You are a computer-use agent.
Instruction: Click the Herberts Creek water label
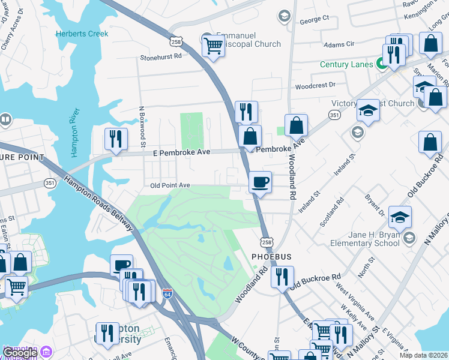coord(82,34)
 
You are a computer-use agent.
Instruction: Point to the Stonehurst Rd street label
coord(160,57)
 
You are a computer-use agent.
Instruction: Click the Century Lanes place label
coord(346,64)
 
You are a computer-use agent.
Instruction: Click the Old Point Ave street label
coord(170,185)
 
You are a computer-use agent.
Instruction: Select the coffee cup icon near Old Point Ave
coord(260,181)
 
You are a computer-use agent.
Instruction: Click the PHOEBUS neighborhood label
coord(271,257)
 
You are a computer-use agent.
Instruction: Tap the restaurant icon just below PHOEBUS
coord(282,277)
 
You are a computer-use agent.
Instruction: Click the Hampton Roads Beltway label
coord(98,200)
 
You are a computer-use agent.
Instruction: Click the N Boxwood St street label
coord(142,127)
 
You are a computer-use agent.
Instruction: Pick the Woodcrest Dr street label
coord(315,86)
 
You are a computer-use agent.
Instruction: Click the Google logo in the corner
coord(19,353)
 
